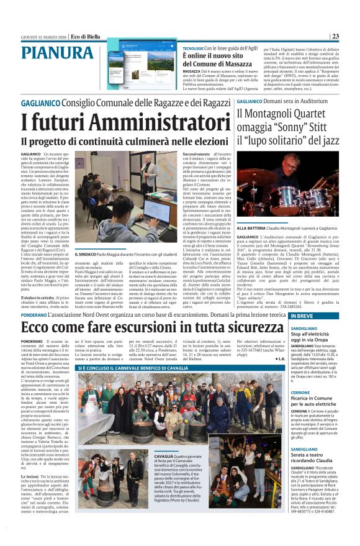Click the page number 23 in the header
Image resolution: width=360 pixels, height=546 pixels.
(x=335, y=37)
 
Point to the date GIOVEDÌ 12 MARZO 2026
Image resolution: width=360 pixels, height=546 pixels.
(x=43, y=37)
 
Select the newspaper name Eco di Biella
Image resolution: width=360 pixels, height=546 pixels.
(x=85, y=37)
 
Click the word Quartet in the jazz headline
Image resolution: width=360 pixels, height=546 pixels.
(x=304, y=114)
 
